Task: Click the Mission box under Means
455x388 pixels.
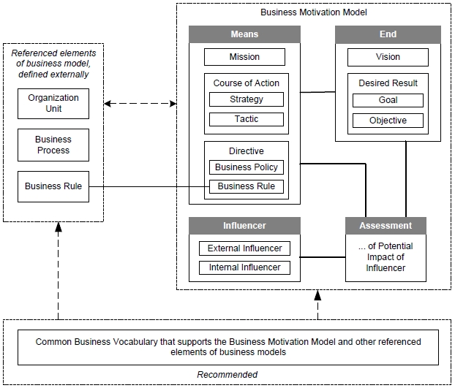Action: (x=245, y=56)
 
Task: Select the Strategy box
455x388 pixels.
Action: (x=245, y=99)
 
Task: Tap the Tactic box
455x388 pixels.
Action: (x=245, y=119)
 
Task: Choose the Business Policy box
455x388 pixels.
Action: (x=245, y=167)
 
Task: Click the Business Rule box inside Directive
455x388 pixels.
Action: (x=245, y=186)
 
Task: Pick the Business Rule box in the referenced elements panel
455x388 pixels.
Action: (x=53, y=186)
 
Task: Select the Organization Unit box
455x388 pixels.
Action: (x=53, y=103)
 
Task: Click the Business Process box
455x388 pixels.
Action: (x=53, y=145)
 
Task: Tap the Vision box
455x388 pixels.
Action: (x=388, y=56)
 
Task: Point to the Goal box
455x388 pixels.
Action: (x=388, y=100)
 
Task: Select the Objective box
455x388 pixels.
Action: (x=388, y=120)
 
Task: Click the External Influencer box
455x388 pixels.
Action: (x=244, y=248)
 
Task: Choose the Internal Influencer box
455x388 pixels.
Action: (x=244, y=267)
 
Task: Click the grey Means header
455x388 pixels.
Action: (x=244, y=34)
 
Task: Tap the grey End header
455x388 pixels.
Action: (x=388, y=34)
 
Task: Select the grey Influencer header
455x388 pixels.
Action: (x=244, y=225)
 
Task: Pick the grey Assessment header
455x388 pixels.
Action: (x=386, y=225)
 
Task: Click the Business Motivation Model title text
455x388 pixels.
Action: (x=312, y=13)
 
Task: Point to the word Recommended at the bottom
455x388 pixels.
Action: (x=227, y=375)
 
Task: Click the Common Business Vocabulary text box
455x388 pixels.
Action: (x=228, y=347)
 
